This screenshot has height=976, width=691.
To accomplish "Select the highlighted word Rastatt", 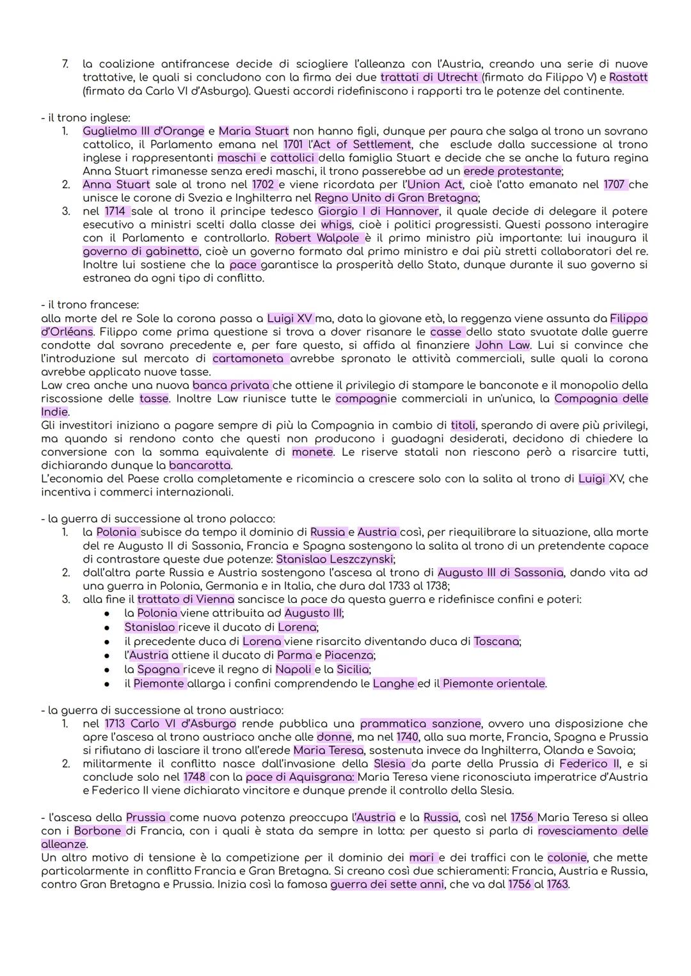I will click(628, 77).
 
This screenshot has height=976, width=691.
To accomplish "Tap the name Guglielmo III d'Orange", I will click(143, 131).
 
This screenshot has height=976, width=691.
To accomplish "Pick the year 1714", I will click(116, 211).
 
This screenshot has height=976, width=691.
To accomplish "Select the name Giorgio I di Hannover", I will click(379, 211).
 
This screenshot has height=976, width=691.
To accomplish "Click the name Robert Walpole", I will click(317, 238).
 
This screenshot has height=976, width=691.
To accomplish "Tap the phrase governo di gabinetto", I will click(141, 252).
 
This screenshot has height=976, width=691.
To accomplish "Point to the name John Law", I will click(503, 345).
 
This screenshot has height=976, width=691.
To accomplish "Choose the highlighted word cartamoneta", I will click(248, 358).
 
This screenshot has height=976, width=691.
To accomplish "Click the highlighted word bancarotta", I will click(200, 465).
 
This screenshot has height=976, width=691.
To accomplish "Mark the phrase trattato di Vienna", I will click(186, 600).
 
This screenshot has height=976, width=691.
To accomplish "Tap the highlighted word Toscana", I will click(496, 641).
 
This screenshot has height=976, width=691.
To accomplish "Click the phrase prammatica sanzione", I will click(420, 724).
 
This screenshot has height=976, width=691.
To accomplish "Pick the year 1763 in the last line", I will click(557, 884).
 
